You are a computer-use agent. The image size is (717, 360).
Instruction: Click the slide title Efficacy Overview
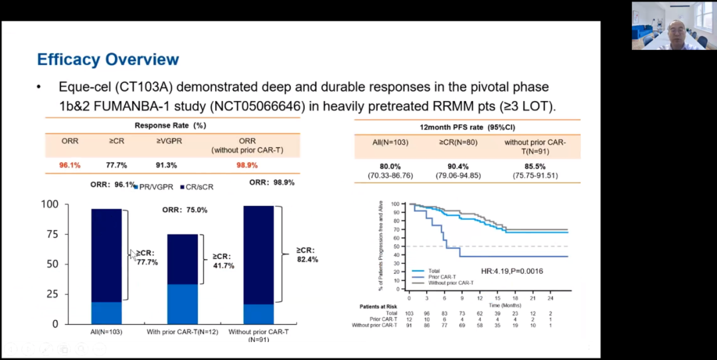tap(108, 59)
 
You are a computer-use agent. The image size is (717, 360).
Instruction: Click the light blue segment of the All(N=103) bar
tap(106, 313)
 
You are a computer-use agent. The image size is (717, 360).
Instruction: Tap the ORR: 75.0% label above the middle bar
tap(185, 210)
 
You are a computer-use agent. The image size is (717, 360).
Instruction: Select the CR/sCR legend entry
tap(197, 187)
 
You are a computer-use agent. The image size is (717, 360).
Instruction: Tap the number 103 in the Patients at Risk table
tap(410, 312)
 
